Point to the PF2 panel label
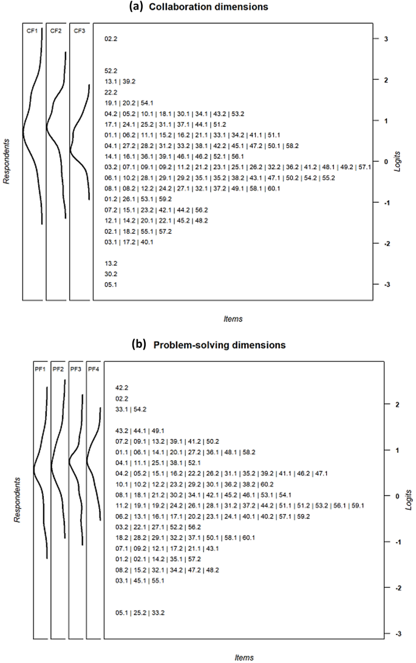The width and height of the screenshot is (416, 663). pyautogui.click(x=58, y=368)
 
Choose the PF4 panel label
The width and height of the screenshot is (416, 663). pyautogui.click(x=94, y=368)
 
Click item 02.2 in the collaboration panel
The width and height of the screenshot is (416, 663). pyautogui.click(x=111, y=39)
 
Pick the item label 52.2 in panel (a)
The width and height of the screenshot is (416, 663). pyautogui.click(x=111, y=70)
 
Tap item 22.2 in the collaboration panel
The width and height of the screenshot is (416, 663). pyautogui.click(x=111, y=92)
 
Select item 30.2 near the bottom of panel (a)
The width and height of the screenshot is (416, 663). pyautogui.click(x=111, y=274)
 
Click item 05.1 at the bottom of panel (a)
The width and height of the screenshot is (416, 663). pyautogui.click(x=111, y=284)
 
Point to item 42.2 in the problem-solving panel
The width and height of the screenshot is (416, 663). pyautogui.click(x=121, y=387)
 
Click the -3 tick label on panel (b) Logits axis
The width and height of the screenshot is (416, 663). pyautogui.click(x=398, y=634)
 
